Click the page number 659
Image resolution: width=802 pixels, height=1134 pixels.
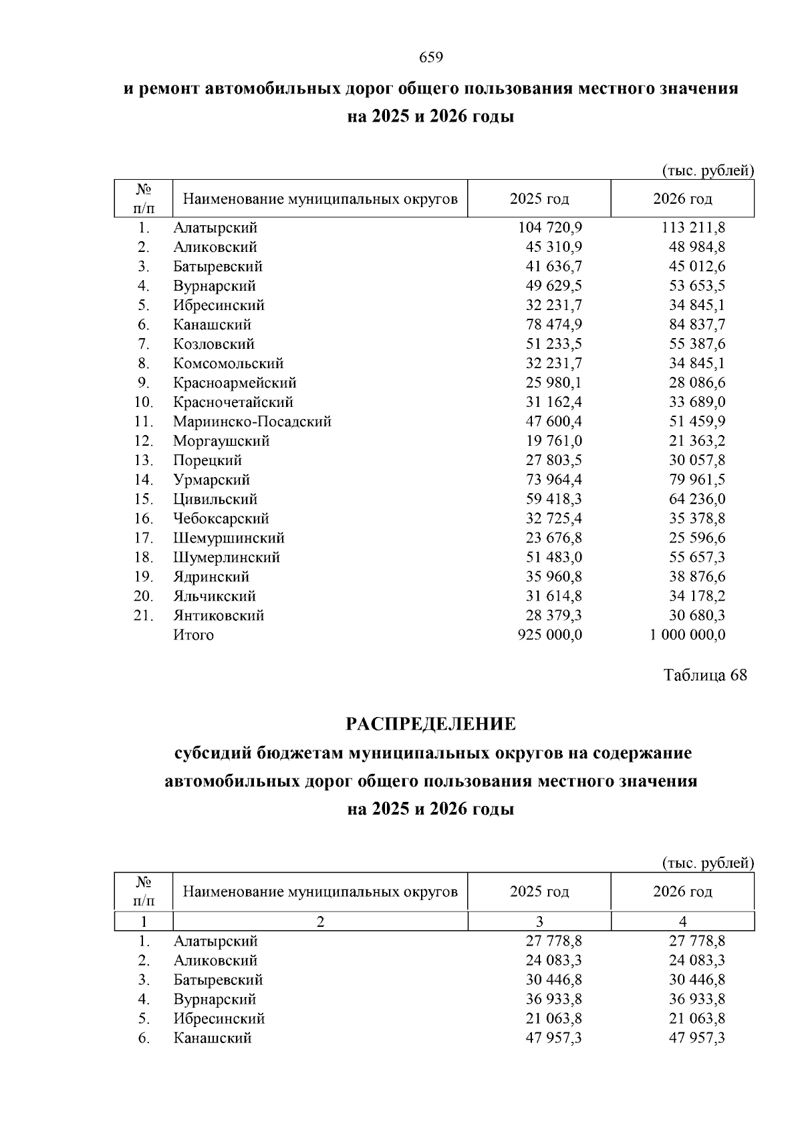click(431, 58)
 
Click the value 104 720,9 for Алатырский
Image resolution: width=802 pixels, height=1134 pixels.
click(550, 228)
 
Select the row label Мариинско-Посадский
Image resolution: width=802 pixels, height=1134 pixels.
click(252, 422)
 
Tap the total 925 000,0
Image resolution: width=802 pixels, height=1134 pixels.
click(550, 635)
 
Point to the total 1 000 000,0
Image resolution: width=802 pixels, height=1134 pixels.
click(687, 635)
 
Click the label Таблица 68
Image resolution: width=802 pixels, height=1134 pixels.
click(705, 675)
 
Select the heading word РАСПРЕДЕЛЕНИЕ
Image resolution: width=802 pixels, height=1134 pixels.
click(430, 724)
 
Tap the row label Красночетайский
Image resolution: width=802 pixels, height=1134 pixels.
click(233, 402)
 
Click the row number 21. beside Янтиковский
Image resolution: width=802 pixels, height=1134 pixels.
click(144, 615)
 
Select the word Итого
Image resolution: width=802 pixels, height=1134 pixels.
click(193, 635)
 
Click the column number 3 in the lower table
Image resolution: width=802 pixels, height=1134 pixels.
click(539, 922)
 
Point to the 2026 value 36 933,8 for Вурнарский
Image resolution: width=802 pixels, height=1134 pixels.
click(697, 1000)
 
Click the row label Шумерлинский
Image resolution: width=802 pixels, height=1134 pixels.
click(227, 557)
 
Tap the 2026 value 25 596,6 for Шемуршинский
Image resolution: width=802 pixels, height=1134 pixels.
click(697, 538)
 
